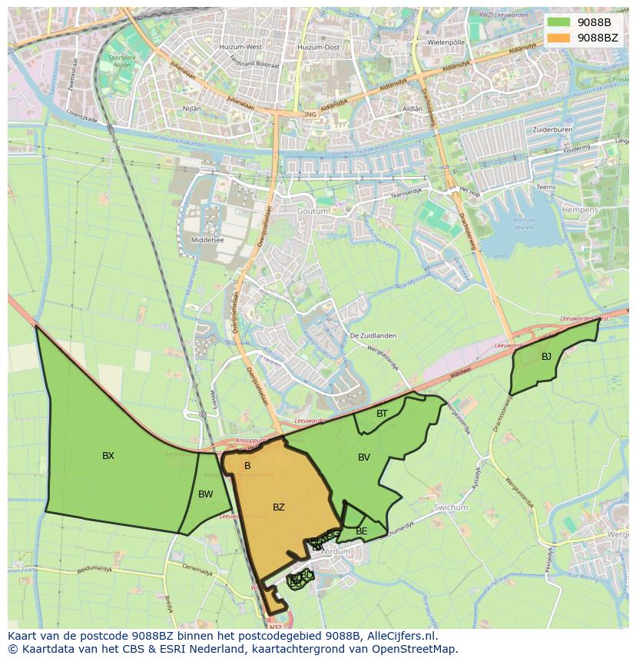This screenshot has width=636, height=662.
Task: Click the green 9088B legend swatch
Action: [558, 22]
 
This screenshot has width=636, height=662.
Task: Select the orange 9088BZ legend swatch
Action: [558, 37]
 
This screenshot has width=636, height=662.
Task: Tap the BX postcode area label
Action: [108, 456]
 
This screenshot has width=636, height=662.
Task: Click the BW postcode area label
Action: [205, 494]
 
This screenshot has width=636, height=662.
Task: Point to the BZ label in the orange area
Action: [279, 507]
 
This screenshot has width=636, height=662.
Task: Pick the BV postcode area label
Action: [364, 457]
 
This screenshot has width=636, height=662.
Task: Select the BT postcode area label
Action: [382, 414]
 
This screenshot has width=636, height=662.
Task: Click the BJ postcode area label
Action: [546, 357]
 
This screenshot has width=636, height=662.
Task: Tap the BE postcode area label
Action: [361, 531]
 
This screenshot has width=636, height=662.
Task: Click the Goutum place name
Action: [312, 211]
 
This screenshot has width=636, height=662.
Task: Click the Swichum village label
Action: [451, 507]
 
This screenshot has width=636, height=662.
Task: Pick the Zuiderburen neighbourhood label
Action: [552, 130]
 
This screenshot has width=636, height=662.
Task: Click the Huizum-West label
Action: [240, 47]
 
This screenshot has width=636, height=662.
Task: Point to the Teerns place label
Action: [546, 187]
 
